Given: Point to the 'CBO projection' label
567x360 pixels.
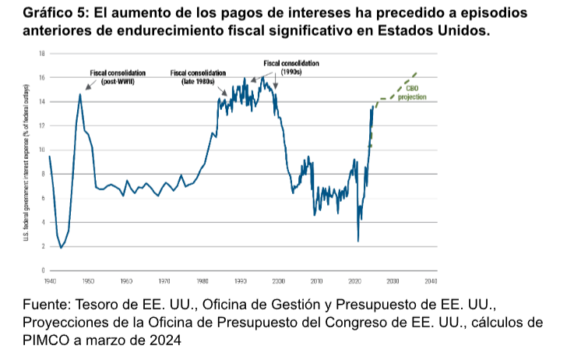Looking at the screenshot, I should point(411,94).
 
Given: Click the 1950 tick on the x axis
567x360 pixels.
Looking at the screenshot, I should point(88,280).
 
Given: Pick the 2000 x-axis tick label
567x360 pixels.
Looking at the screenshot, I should point(278,280).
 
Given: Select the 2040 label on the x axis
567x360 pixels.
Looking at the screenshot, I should point(431,280).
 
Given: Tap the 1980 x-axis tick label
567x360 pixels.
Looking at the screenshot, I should point(202,280).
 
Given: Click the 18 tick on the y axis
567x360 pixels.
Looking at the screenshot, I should point(41,54).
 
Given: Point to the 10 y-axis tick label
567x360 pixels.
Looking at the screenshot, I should point(41,150).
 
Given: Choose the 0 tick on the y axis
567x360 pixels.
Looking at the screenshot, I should point(43,270).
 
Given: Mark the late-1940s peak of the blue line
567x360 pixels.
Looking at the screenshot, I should point(79,94).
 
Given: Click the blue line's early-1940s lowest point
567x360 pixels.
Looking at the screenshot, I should point(61,248).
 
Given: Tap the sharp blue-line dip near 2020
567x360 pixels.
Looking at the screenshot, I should point(358,241).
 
